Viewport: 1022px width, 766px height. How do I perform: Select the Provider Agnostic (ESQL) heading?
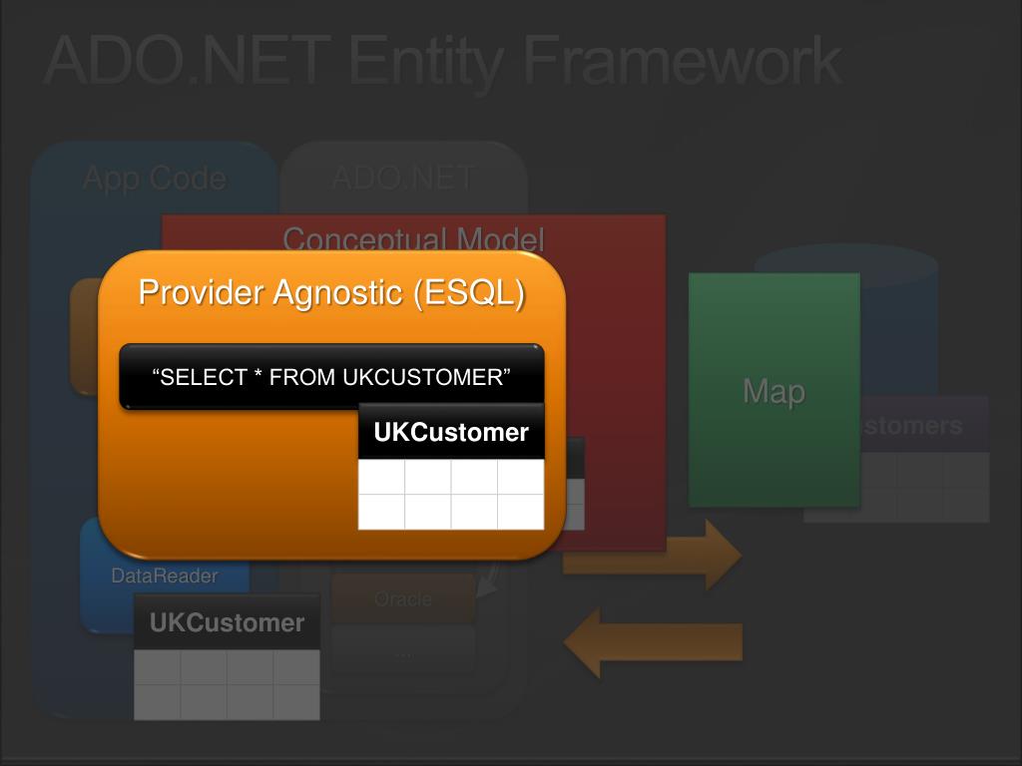tap(331, 293)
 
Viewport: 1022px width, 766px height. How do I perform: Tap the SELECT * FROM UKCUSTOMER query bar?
tap(331, 377)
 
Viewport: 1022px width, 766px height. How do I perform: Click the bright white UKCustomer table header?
tap(451, 433)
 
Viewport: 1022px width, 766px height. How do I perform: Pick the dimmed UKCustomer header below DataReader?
tap(227, 623)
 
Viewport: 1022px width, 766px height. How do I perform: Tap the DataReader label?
tap(164, 575)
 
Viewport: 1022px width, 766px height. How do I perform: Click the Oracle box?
tap(403, 599)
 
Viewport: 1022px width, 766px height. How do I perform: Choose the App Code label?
tap(154, 179)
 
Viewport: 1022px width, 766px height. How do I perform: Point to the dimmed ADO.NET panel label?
tap(403, 179)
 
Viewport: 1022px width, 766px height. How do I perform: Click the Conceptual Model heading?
tap(413, 239)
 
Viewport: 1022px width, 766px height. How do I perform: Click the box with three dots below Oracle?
tap(403, 650)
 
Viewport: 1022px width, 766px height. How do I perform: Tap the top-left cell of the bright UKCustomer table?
tap(381, 477)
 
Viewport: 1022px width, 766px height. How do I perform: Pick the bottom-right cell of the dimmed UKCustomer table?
tap(296, 701)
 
